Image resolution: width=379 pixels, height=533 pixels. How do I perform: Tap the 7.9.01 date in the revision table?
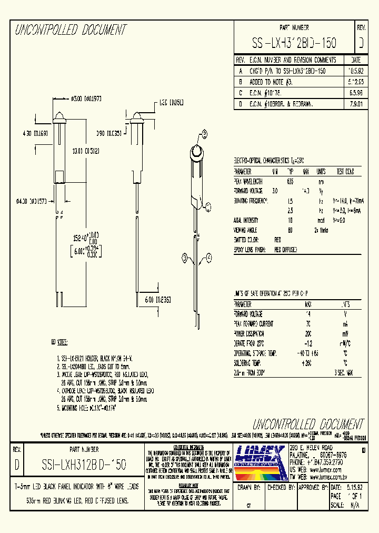pos(355,104)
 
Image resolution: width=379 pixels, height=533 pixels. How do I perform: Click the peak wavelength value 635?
pos(290,181)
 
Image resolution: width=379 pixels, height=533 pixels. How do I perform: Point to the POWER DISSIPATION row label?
pos(252,333)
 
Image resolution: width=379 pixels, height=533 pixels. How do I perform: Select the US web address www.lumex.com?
pos(326,466)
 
